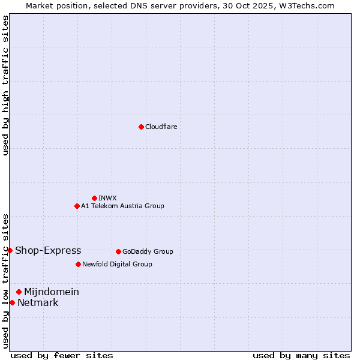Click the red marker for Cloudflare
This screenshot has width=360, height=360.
(x=141, y=127)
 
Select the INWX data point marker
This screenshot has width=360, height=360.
(x=94, y=198)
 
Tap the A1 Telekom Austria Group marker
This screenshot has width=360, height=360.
(x=77, y=206)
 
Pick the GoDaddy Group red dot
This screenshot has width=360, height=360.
(x=118, y=251)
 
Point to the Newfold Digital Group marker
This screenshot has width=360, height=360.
(x=78, y=264)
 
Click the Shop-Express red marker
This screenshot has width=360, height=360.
(x=10, y=250)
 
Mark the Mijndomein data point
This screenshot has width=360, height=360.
(x=19, y=292)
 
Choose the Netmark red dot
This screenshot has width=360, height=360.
(x=12, y=302)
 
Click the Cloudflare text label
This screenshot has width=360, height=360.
(x=161, y=127)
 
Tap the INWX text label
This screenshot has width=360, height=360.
(x=107, y=198)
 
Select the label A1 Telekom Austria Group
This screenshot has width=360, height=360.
(x=122, y=206)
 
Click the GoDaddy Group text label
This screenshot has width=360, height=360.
(x=148, y=251)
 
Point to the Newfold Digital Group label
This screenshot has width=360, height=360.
(x=117, y=264)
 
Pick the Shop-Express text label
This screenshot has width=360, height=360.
(x=48, y=251)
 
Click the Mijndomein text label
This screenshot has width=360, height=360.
(x=52, y=292)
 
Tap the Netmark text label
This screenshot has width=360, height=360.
(x=38, y=303)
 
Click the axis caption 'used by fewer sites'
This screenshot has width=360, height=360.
(x=62, y=356)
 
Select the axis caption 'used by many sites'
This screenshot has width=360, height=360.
(x=301, y=356)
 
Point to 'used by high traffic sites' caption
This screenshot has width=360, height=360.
(x=6, y=86)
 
